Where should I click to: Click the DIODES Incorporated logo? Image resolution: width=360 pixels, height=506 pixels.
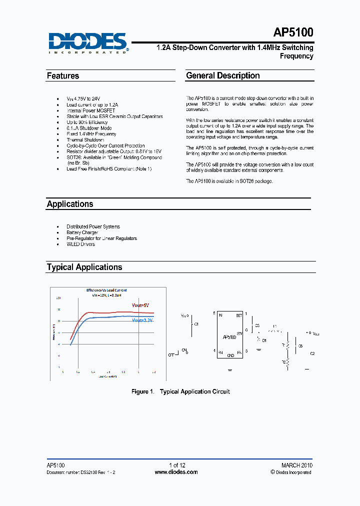click(x=88, y=43)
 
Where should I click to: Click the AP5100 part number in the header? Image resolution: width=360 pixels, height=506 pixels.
click(x=293, y=33)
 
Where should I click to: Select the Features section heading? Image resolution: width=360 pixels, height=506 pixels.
click(x=63, y=76)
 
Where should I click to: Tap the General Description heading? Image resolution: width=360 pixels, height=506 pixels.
click(x=223, y=75)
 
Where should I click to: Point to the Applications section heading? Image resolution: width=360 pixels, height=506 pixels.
click(x=70, y=204)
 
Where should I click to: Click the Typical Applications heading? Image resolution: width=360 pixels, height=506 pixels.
click(x=84, y=267)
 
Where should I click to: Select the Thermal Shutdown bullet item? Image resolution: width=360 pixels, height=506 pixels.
click(x=85, y=140)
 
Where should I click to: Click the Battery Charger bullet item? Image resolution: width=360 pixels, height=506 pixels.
click(x=82, y=232)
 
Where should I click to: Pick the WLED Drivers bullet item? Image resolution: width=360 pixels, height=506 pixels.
click(x=80, y=244)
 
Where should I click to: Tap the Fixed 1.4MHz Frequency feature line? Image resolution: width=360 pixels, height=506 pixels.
click(x=91, y=134)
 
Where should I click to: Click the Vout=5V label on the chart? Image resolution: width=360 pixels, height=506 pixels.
click(x=140, y=305)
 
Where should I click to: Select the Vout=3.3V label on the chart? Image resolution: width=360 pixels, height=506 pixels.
click(x=143, y=320)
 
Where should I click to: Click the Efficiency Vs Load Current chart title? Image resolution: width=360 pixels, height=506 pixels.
click(x=106, y=290)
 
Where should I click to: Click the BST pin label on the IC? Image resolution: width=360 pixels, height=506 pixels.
click(x=239, y=315)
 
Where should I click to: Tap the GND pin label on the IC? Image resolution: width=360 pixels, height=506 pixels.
click(x=230, y=355)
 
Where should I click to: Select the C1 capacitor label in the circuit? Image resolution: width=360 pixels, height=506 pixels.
click(x=196, y=324)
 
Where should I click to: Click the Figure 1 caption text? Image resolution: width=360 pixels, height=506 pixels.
click(x=180, y=391)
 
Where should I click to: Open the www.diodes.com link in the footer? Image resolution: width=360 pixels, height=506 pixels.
click(x=176, y=472)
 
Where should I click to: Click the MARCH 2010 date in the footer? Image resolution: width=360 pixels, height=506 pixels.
click(x=296, y=465)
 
